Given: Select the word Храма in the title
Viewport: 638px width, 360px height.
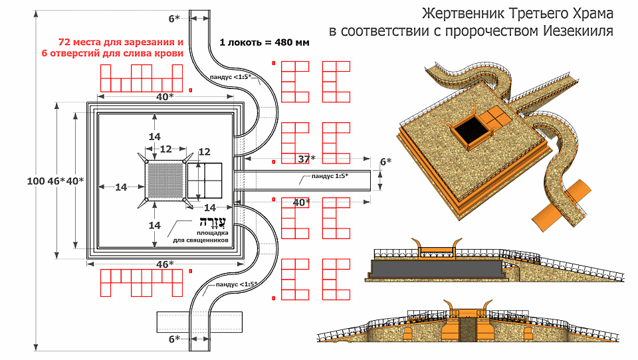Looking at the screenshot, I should [593, 13].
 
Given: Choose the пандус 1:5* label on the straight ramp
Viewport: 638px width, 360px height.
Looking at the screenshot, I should [326, 177].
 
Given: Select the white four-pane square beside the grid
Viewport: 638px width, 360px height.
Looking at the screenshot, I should [205, 180].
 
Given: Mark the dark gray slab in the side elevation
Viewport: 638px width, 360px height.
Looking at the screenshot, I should [435, 269].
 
